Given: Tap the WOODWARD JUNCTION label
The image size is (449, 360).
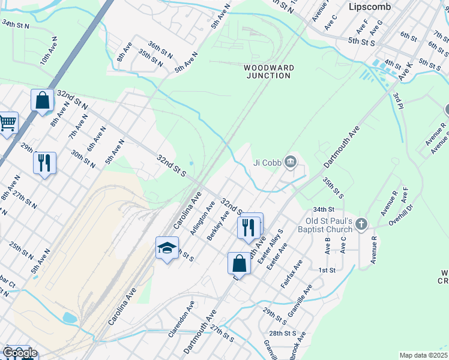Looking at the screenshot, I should [269, 71].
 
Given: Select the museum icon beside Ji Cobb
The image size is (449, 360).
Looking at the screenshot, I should [291, 160].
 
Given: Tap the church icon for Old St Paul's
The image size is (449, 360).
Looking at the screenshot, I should [361, 224].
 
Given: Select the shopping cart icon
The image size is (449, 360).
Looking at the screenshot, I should [7, 123].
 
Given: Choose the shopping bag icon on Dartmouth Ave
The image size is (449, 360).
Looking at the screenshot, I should [239, 262].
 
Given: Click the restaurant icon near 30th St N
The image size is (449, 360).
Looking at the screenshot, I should [44, 162].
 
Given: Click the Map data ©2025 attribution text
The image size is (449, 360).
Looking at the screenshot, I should [423, 355].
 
